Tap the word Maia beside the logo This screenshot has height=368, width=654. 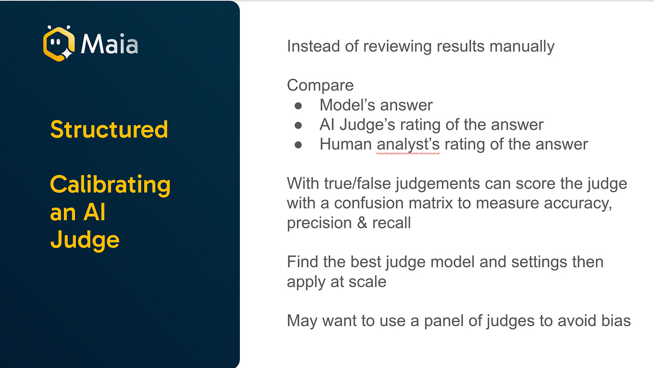coord(110,44)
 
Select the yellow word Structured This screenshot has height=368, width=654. coord(109,129)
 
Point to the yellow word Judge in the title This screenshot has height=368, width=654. coord(84,241)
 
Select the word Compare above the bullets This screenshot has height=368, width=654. coord(320,85)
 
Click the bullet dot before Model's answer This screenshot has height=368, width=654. coord(298,105)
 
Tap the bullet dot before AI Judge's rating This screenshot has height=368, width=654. coord(298,125)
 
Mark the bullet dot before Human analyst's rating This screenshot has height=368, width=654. coord(298,144)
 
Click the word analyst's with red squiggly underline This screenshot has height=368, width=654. coord(408,144)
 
